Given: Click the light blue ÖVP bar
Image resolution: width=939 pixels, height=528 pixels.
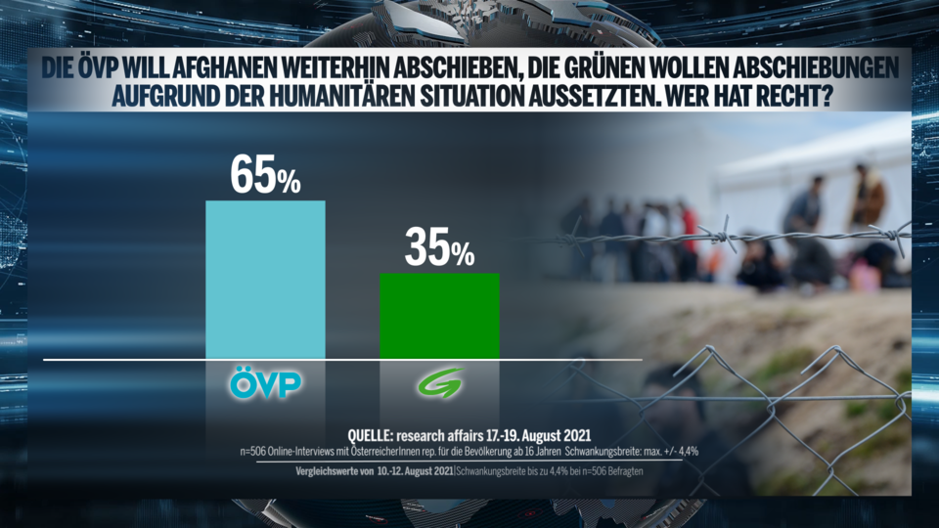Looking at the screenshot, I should pyautogui.click(x=265, y=280).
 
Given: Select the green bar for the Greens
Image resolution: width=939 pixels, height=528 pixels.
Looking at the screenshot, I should pyautogui.click(x=439, y=316).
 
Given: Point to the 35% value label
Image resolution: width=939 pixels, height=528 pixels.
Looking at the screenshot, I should pyautogui.click(x=439, y=251).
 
